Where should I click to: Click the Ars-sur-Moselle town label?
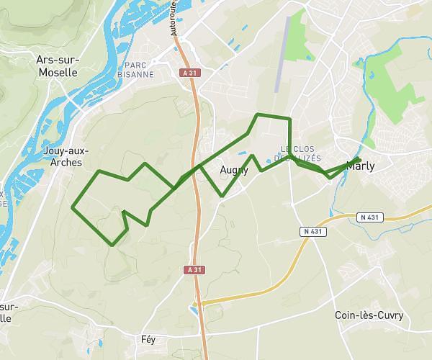click(57, 67)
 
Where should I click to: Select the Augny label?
click(234, 171)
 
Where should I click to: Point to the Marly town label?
click(360, 166)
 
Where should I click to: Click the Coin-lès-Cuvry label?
click(369, 315)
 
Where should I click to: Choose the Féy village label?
click(148, 338)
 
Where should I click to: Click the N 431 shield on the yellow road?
click(311, 231)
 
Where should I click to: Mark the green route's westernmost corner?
click(72, 208)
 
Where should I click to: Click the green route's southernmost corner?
click(112, 246)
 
